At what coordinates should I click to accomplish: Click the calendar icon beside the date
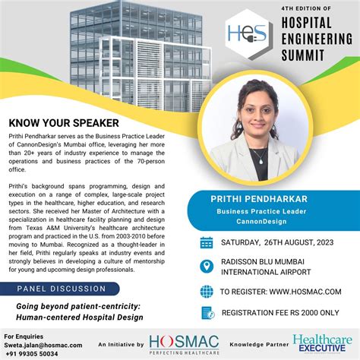tap(207, 243)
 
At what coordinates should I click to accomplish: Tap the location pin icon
tap(207, 267)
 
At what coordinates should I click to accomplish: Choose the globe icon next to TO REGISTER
tap(207, 291)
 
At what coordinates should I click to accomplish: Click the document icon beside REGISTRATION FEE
tap(207, 312)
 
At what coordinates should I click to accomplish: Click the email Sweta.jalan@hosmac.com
tap(42, 343)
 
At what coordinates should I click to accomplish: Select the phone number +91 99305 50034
tap(36, 352)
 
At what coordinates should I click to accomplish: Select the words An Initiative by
tap(120, 344)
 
